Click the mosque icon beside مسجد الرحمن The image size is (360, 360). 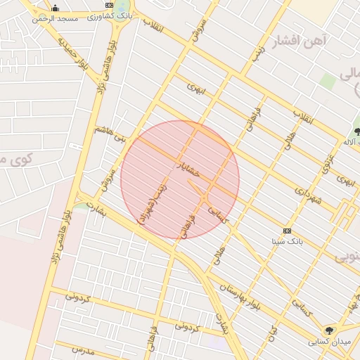pos(55,8)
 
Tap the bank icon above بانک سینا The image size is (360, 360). pos(286,231)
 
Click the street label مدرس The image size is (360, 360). pos(83,349)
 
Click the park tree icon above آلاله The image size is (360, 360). pos(357,131)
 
